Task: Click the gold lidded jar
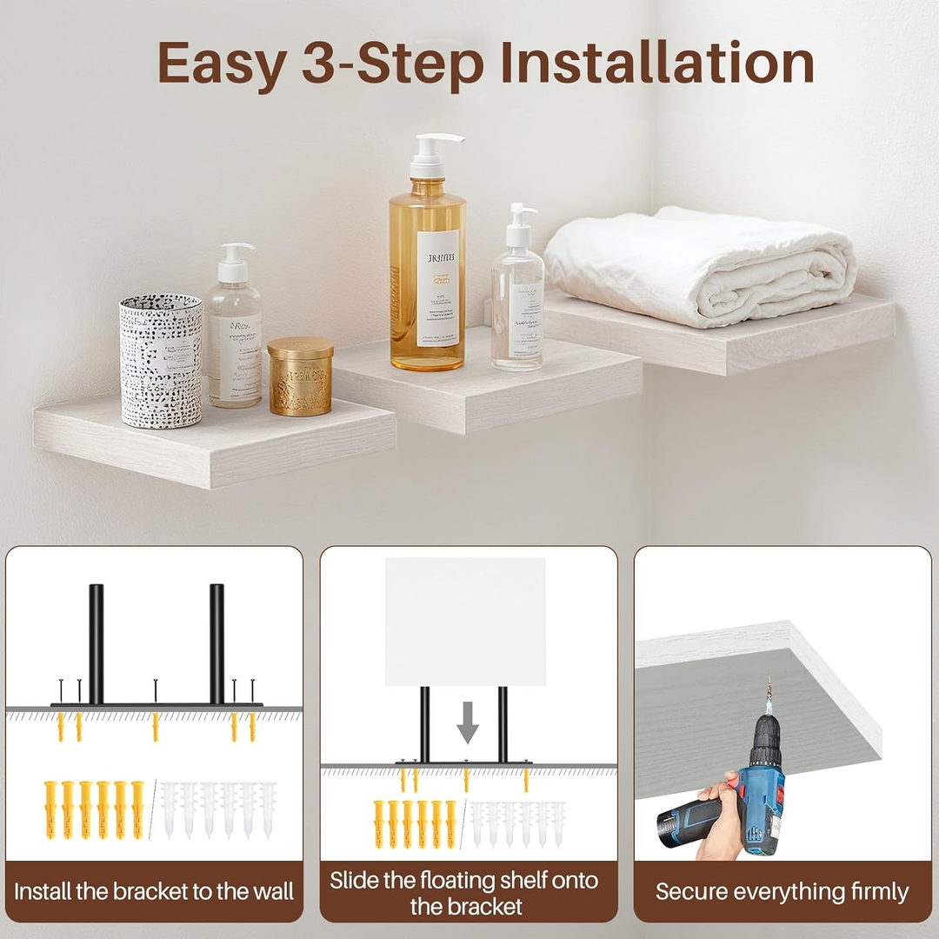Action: click(300, 376)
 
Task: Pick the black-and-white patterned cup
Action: click(161, 360)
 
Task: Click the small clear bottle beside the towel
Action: click(518, 300)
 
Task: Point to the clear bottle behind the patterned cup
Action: click(234, 335)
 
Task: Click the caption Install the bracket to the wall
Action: click(155, 891)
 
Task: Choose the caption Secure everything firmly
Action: click(782, 891)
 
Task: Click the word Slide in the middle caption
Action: click(356, 880)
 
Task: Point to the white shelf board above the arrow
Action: click(465, 622)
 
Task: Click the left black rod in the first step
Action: click(96, 643)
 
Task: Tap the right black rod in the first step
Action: click(216, 643)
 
